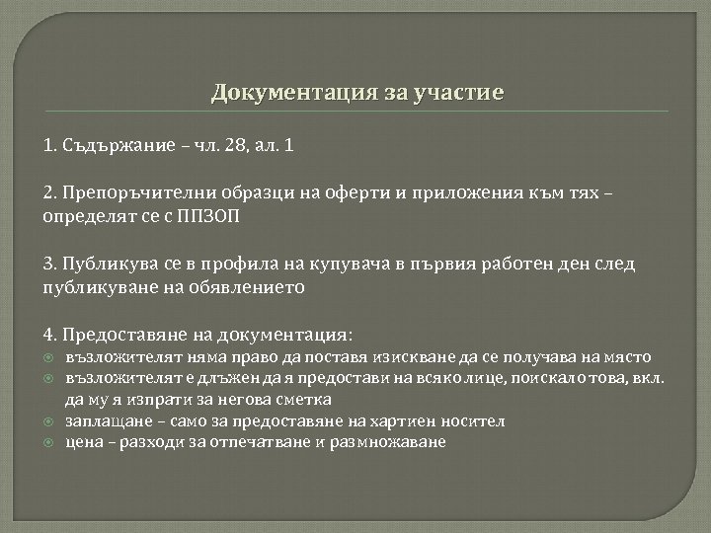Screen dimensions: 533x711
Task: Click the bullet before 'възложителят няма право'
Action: coord(47,357)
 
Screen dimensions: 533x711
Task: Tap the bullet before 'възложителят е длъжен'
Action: coord(47,378)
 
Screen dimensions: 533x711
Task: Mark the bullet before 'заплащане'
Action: coord(47,421)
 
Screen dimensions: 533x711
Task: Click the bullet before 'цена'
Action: coord(47,442)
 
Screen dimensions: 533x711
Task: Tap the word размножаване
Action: coord(393,441)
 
